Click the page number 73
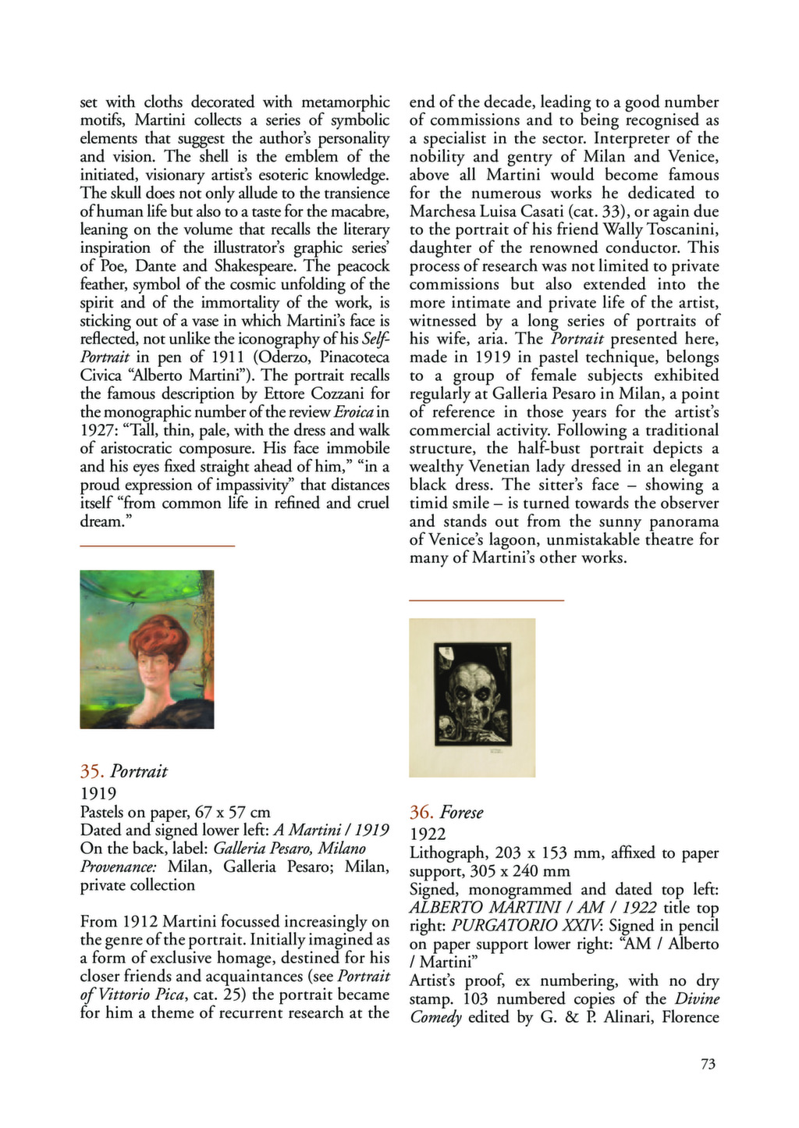708,1063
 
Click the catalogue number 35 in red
91,771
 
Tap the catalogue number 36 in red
421,813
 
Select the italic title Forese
462,813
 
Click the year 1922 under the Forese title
428,834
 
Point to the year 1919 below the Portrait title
98,793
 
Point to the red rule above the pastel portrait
157,545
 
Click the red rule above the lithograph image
486,600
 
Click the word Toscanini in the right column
680,230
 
